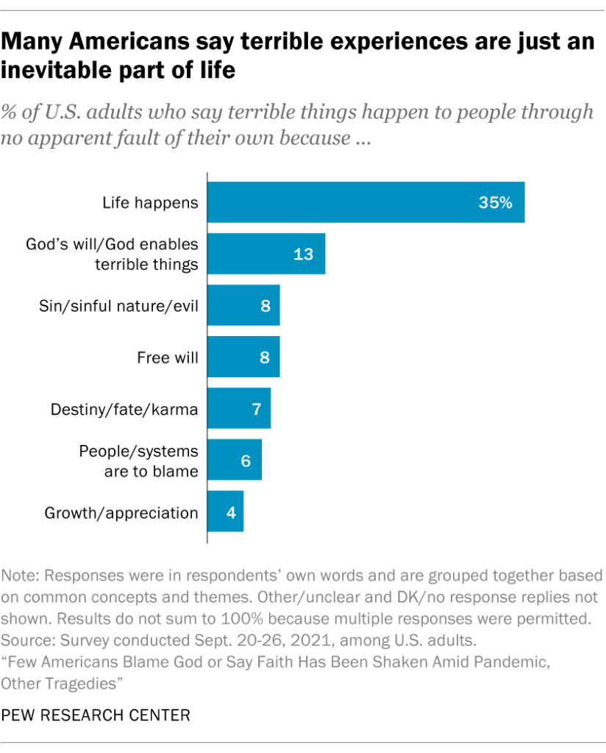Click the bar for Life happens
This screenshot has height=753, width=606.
point(366,202)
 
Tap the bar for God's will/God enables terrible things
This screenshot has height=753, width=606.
point(266,254)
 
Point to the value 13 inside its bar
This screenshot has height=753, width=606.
point(303,254)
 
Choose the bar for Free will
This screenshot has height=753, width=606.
point(243,357)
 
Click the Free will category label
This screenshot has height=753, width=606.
point(168,357)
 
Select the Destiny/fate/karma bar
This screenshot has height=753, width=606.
point(239,409)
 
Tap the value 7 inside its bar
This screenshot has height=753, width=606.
point(257,410)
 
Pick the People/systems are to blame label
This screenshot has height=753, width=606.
point(138,460)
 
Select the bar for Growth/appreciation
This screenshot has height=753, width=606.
point(225,512)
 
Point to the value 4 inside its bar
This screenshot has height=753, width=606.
point(231,513)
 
